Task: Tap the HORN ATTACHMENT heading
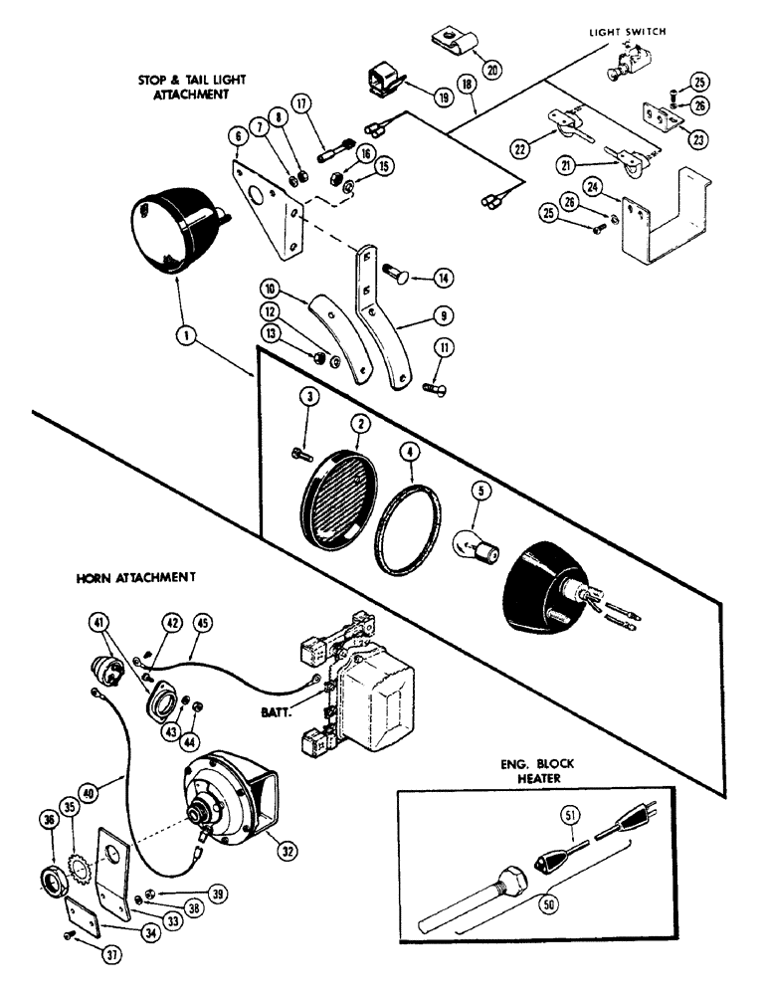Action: tap(134, 577)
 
